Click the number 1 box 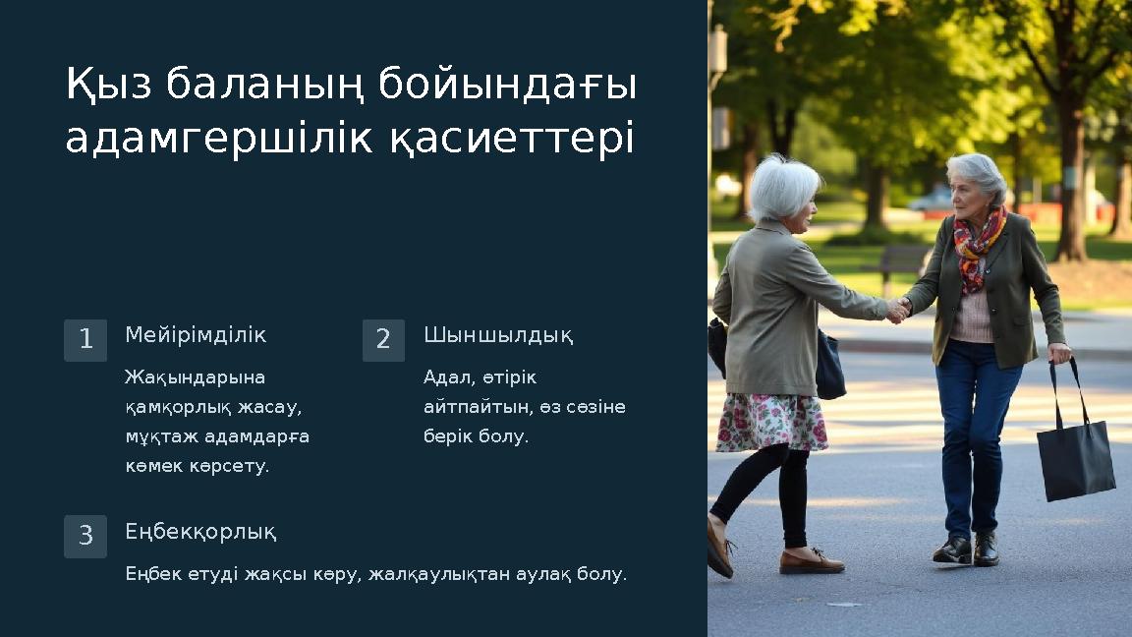85,340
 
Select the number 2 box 383,340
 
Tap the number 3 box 85,537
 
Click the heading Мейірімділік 196,335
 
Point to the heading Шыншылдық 498,336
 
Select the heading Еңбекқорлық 200,533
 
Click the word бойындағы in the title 508,86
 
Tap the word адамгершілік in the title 219,140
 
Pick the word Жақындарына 182,377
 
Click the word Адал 445,377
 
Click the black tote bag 1075,457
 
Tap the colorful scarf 978,247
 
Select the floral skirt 771,422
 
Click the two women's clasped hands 897,310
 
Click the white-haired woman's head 784,188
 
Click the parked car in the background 930,199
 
